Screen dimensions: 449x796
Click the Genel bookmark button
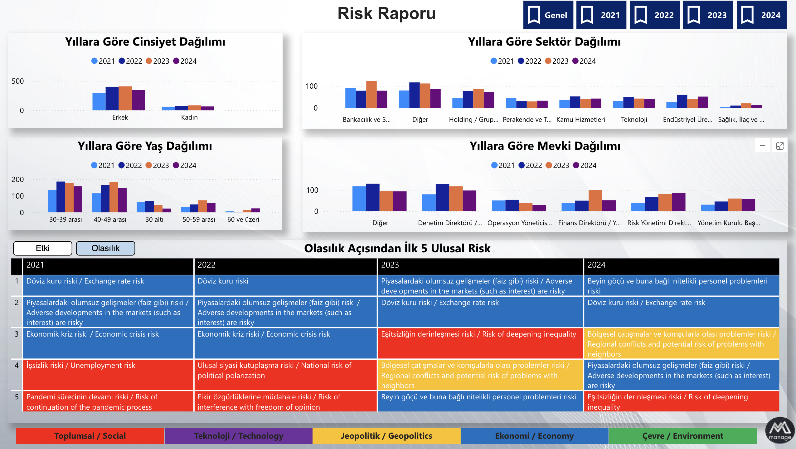(x=548, y=15)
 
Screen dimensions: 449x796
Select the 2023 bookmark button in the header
(x=708, y=15)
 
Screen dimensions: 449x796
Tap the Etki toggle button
(x=43, y=248)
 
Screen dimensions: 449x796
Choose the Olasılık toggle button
(x=105, y=248)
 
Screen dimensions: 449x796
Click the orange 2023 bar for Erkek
(x=125, y=98)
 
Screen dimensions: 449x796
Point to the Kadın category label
(x=189, y=117)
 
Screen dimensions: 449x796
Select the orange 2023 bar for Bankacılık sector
(x=371, y=94)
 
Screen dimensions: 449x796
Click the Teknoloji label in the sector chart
(x=634, y=120)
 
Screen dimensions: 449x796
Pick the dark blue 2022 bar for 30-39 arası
(x=61, y=197)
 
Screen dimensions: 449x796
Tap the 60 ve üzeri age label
(x=243, y=220)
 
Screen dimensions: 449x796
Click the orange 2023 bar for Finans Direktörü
(x=595, y=200)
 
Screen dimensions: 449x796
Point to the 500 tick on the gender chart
(x=18, y=81)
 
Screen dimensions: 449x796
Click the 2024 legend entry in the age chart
(x=185, y=165)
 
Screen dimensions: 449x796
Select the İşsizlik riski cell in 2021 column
(x=108, y=374)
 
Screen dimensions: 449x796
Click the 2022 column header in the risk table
(x=285, y=265)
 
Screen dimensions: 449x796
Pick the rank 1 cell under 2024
(x=681, y=285)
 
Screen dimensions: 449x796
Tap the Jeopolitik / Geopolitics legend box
(x=386, y=436)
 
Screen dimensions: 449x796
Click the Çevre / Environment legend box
(x=682, y=436)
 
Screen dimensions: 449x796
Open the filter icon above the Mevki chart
(x=762, y=146)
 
